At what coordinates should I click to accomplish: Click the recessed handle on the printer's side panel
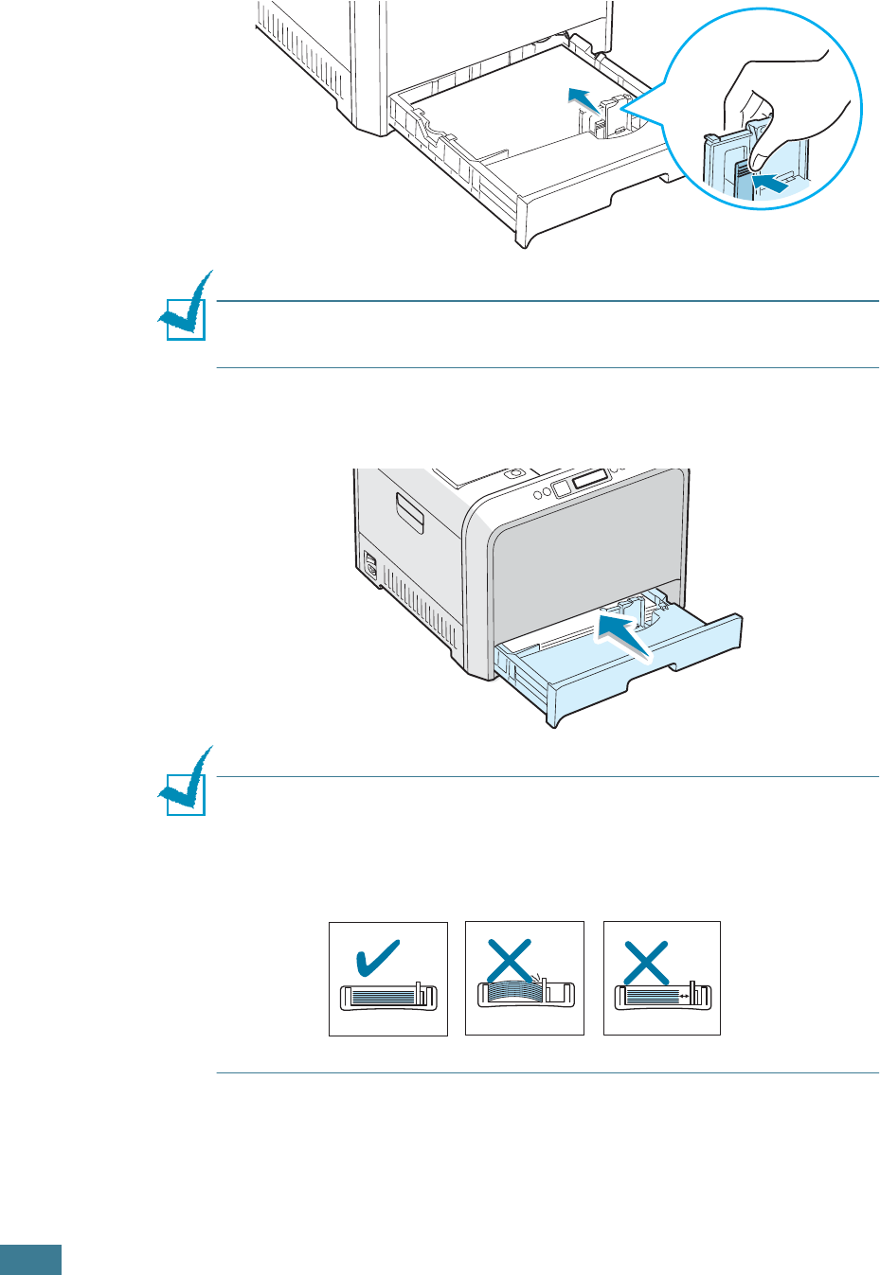tap(410, 511)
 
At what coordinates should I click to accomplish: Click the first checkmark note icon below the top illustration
tap(184, 309)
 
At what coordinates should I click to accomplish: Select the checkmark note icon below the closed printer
tap(184, 784)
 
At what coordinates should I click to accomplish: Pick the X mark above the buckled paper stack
tap(509, 961)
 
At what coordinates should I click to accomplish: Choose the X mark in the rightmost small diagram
tap(647, 962)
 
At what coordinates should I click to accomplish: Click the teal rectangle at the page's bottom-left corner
tap(30, 1260)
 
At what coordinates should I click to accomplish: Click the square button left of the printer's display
tap(561, 487)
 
